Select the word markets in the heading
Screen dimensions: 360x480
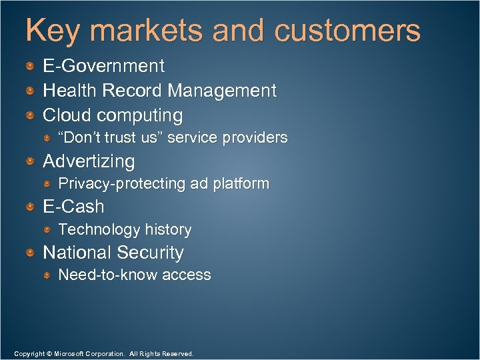tap(145, 31)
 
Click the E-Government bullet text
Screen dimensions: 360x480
tap(103, 66)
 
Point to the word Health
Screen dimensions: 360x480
tap(70, 91)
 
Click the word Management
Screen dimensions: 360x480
tap(222, 91)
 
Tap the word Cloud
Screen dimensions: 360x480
tap(67, 115)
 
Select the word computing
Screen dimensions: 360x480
tap(140, 116)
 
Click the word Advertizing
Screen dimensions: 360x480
tap(89, 161)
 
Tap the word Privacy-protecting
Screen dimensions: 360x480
tap(122, 183)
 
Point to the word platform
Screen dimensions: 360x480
tap(241, 183)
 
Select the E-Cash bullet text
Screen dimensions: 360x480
tap(73, 207)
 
